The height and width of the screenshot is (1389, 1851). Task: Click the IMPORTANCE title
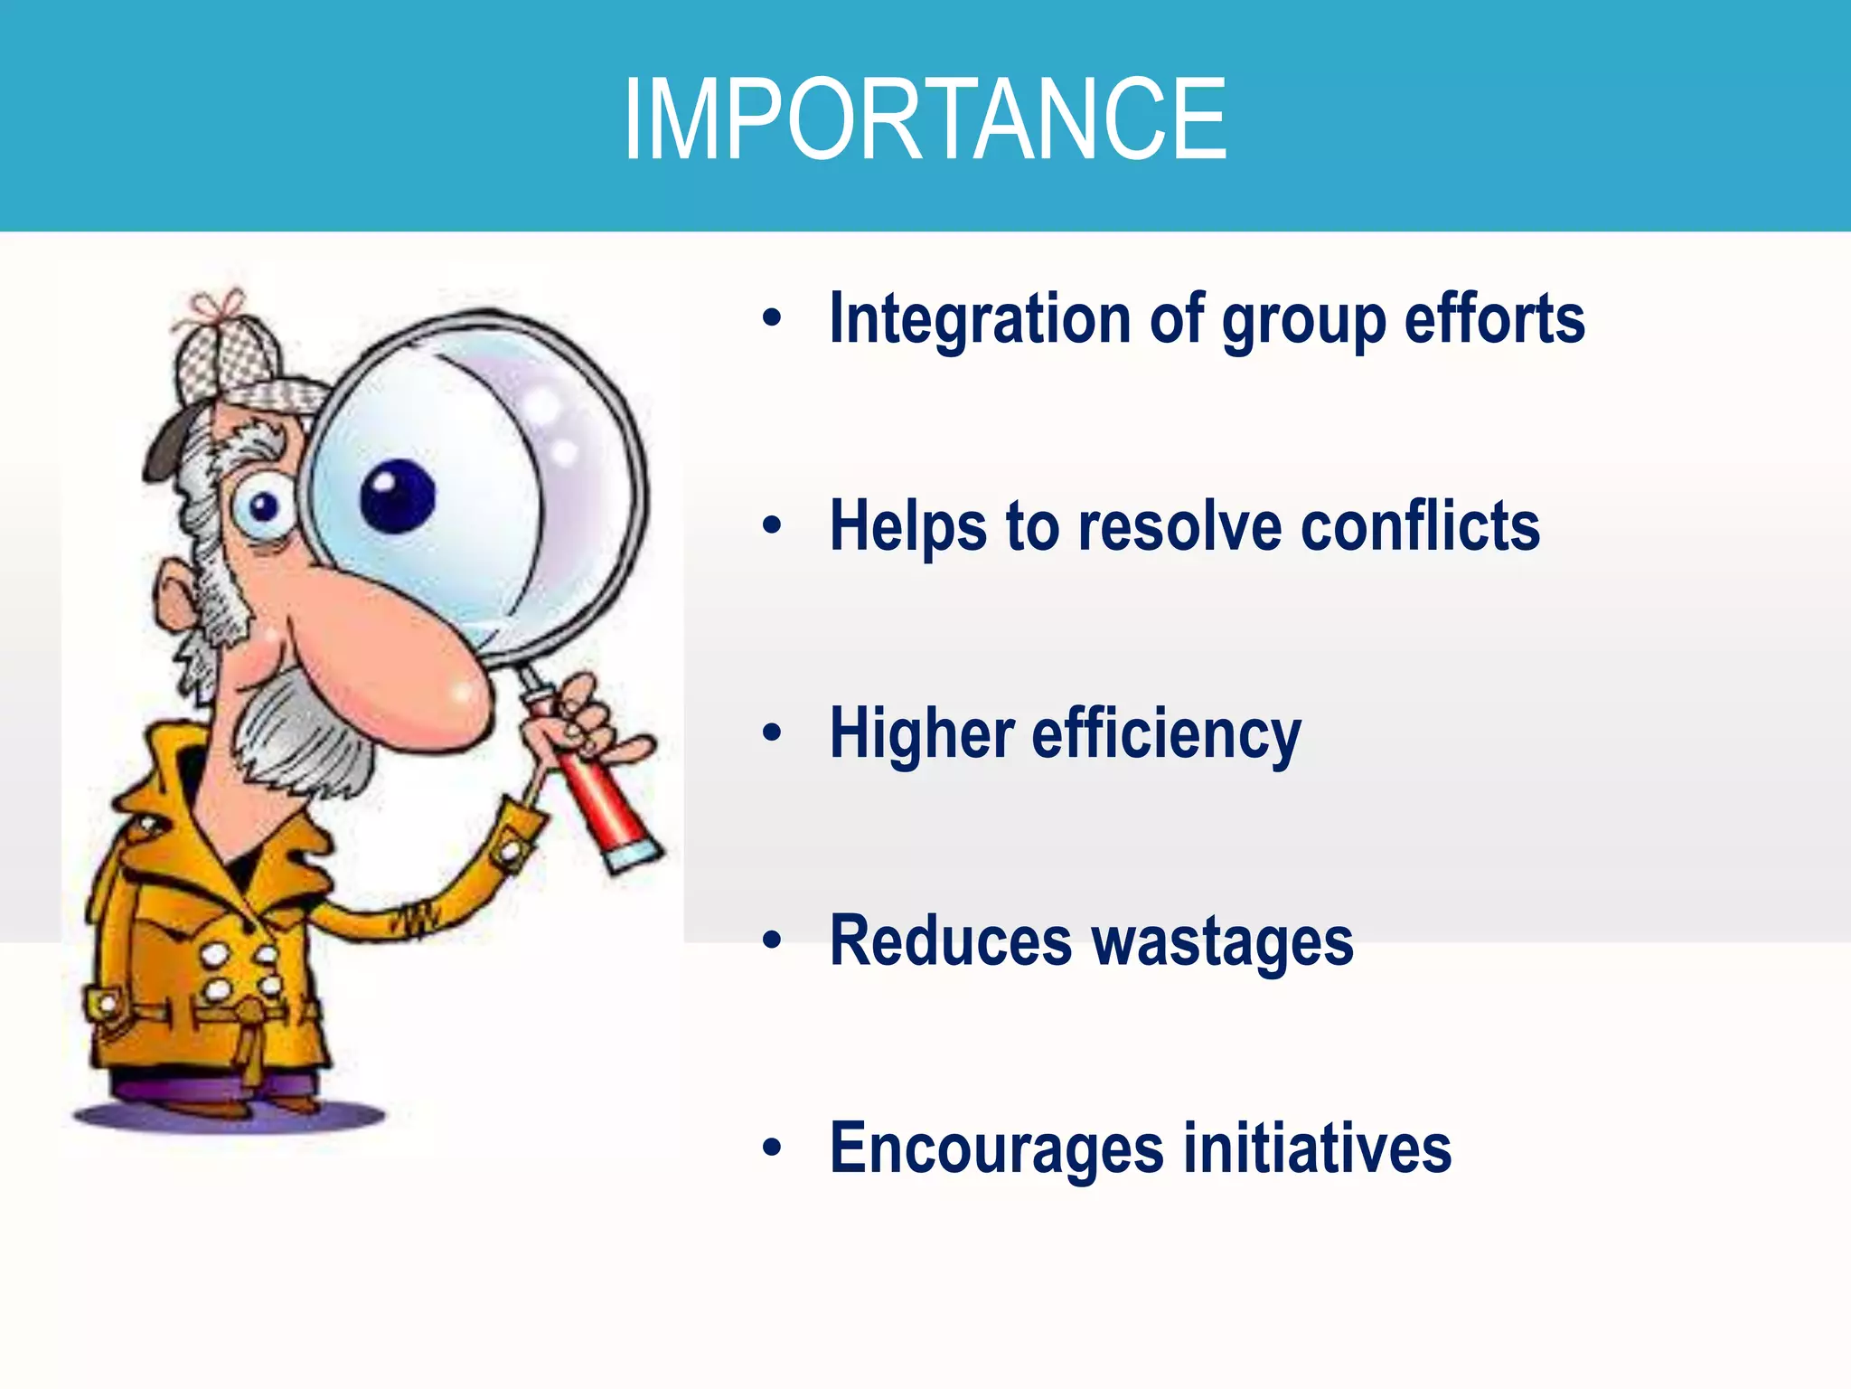[x=925, y=119]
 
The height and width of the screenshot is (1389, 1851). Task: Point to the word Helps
[x=907, y=527]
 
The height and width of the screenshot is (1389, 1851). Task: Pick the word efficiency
[x=1166, y=734]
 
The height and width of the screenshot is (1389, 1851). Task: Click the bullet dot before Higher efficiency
[x=771, y=732]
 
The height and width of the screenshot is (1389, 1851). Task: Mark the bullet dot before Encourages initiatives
[x=771, y=1148]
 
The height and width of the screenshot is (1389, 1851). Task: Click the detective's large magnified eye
[x=398, y=496]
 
